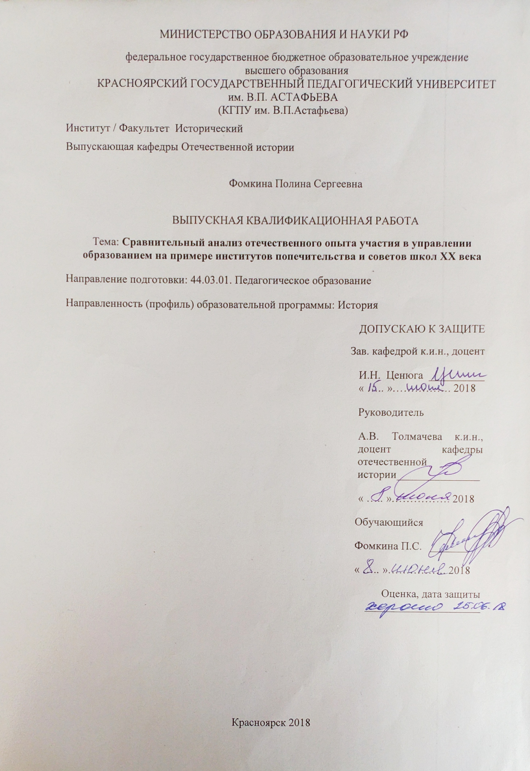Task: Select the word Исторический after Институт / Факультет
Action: coord(209,129)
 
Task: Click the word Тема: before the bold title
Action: coord(106,243)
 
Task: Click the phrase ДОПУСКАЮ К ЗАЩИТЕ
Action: coord(422,329)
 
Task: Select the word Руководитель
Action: coord(391,413)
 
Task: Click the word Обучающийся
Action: coord(389,523)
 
